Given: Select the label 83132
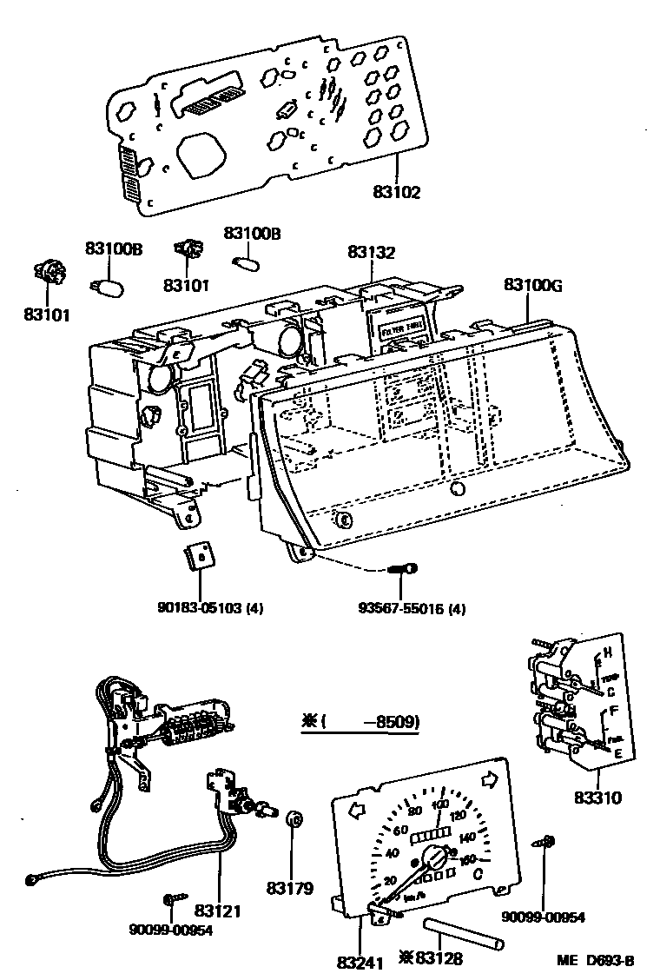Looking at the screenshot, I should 371,253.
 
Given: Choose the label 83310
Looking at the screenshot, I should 598,797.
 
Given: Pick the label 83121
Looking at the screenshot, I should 217,911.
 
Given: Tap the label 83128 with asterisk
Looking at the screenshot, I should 431,959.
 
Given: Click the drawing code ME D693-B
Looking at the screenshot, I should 596,960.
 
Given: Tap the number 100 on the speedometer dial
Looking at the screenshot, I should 439,804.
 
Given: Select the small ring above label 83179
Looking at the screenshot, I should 294,818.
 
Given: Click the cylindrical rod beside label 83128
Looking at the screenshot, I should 462,934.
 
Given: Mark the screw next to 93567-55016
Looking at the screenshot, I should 403,569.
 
